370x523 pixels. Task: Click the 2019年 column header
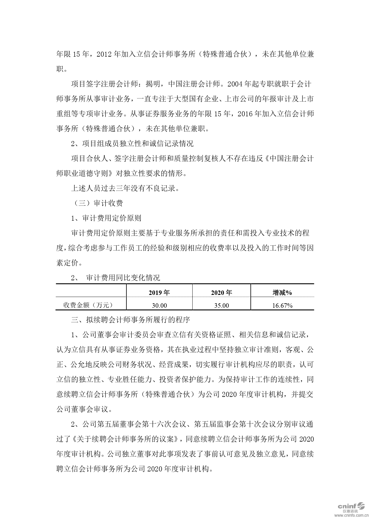159,293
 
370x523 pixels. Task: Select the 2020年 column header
221,293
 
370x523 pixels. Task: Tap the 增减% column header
282,293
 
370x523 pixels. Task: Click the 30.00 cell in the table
159,305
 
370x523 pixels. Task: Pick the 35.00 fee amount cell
221,305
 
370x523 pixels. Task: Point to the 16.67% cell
282,305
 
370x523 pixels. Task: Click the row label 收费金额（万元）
88,305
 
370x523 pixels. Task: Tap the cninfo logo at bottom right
351,506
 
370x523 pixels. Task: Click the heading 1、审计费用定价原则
106,218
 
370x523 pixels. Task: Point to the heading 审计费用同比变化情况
123,278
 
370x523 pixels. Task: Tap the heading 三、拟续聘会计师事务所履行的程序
130,320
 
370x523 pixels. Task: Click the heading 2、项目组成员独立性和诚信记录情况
132,144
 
